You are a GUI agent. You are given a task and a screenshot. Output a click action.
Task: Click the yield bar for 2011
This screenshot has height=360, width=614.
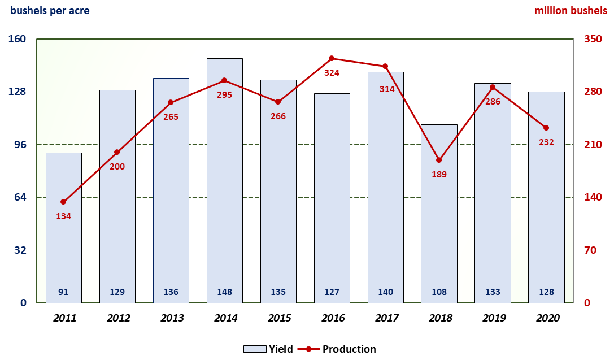(x=63, y=226)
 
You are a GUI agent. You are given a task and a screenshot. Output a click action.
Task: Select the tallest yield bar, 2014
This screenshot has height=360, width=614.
(x=224, y=181)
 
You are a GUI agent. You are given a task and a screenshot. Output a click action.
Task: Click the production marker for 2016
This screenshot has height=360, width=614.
(x=332, y=58)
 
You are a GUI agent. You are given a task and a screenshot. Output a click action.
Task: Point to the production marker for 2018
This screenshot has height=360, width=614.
(x=439, y=160)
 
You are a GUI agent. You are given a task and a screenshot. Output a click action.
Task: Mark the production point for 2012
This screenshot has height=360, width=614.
(x=117, y=152)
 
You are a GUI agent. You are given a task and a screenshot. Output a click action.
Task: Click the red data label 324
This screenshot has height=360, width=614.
(x=332, y=73)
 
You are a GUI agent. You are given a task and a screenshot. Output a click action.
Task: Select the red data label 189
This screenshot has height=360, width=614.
(x=439, y=175)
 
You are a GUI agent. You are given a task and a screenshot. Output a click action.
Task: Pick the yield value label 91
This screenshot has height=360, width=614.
(x=63, y=292)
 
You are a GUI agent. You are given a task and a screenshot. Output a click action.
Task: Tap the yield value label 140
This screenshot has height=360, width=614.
(x=385, y=292)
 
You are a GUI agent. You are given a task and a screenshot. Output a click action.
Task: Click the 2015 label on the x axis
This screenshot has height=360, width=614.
(x=278, y=318)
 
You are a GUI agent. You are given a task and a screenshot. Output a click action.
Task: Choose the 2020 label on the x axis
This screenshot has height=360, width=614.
(x=546, y=318)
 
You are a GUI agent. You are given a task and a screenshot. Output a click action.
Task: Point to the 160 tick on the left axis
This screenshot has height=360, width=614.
(x=18, y=40)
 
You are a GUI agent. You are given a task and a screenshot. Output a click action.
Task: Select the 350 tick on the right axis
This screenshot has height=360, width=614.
(x=593, y=40)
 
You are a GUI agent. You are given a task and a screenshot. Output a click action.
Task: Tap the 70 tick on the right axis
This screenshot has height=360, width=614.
(x=590, y=250)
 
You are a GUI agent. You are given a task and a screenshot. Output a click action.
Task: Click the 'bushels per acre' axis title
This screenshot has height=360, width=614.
(x=50, y=11)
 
